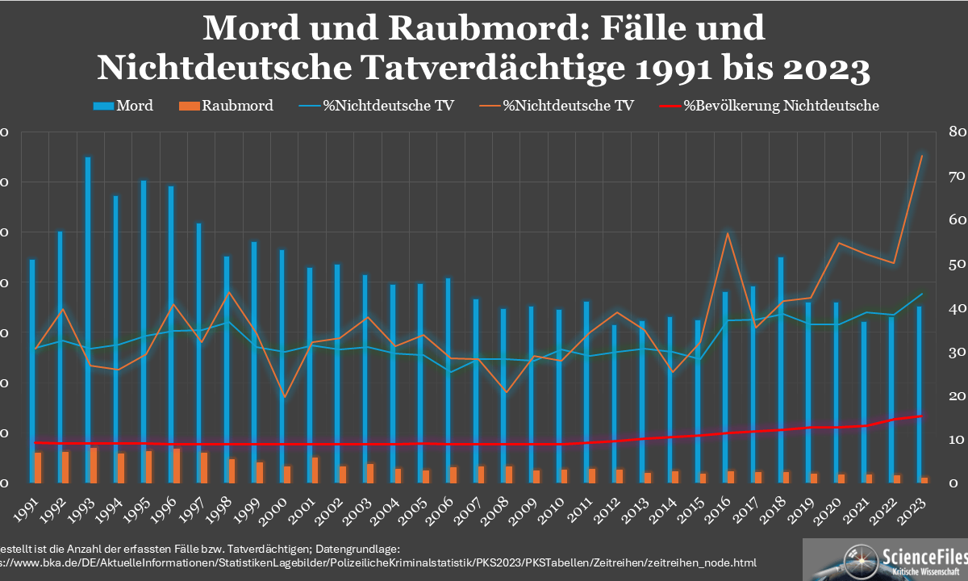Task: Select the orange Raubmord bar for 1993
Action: (94, 466)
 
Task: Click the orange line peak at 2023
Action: (921, 155)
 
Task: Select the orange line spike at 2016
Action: (728, 233)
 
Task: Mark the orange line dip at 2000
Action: (284, 397)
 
